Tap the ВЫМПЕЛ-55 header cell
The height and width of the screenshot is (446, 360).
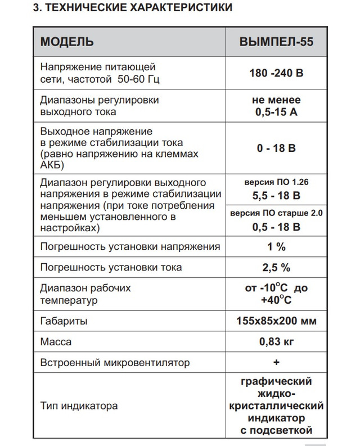(276, 42)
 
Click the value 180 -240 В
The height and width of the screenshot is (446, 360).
(276, 73)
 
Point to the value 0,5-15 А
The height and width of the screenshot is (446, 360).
(276, 112)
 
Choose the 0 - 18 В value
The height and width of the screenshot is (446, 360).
(276, 148)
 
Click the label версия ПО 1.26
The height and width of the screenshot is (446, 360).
(276, 183)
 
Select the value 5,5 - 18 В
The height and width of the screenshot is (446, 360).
(276, 196)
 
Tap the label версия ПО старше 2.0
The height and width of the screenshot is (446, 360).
(276, 214)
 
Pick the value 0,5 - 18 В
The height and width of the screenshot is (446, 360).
(276, 227)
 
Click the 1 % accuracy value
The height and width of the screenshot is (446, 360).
(276, 246)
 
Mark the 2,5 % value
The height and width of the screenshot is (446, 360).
(276, 267)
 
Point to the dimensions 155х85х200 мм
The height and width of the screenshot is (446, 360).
(276, 322)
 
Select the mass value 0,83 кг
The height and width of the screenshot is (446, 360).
(276, 341)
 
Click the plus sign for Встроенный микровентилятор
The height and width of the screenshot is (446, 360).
(276, 362)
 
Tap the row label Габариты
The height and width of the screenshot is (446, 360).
(64, 322)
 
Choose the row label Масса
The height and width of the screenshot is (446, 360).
(56, 342)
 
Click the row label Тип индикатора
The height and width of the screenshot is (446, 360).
(79, 405)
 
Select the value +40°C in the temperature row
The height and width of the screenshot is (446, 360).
(276, 300)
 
